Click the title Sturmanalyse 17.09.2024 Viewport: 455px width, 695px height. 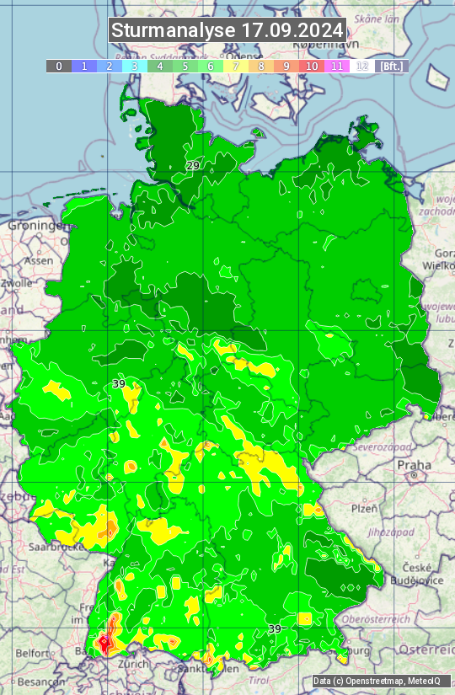tap(227, 30)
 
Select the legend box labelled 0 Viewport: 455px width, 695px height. tap(59, 66)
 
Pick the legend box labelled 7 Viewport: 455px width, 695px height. tap(236, 66)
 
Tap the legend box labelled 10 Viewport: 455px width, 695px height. tap(312, 66)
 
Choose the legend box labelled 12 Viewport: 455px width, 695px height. tap(362, 66)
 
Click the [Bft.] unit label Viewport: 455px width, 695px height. tap(392, 66)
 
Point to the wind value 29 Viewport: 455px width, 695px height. tap(193, 166)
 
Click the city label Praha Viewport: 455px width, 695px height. tap(414, 465)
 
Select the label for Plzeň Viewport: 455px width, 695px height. tap(364, 509)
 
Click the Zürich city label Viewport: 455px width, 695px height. tap(134, 664)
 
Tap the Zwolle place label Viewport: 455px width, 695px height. tap(17, 283)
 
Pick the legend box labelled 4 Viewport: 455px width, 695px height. tap(160, 66)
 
